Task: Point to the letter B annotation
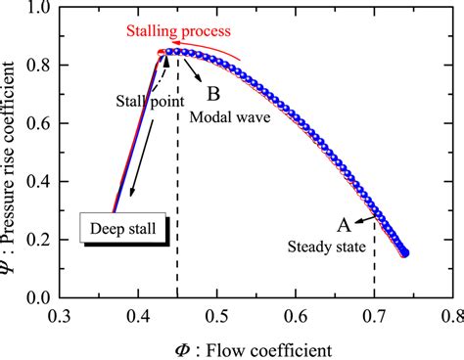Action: click(211, 95)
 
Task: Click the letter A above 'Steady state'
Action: click(344, 224)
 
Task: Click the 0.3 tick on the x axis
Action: click(61, 317)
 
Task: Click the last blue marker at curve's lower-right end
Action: click(404, 252)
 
